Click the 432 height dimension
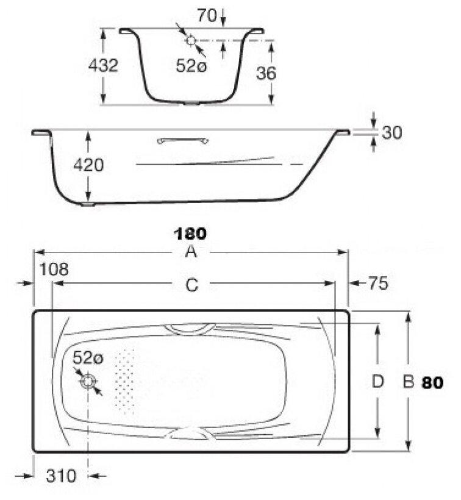(103, 66)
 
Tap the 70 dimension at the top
(207, 16)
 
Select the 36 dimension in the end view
(266, 73)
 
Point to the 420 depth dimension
(88, 165)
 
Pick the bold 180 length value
(191, 234)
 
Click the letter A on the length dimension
(191, 252)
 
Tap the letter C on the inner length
(191, 285)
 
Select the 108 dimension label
(54, 269)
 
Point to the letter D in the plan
(377, 382)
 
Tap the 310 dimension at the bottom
(62, 476)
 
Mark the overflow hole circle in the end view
(191, 41)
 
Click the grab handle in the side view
(183, 141)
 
